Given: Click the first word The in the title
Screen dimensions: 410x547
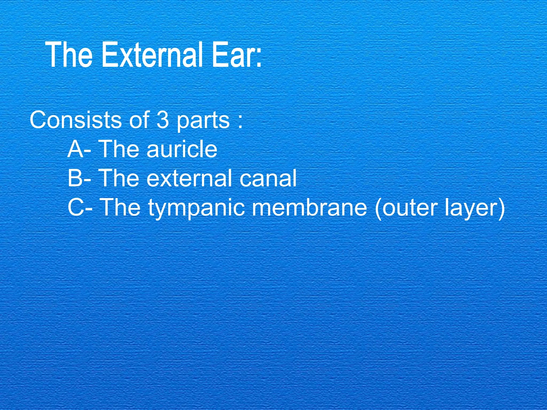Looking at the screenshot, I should pyautogui.click(x=69, y=55).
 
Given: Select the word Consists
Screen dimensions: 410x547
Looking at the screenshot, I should pyautogui.click(x=76, y=120).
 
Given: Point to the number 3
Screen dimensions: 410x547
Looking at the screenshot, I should pyautogui.click(x=162, y=120).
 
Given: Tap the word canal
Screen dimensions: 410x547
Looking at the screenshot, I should pyautogui.click(x=268, y=178).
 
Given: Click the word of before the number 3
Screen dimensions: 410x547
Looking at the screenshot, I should pyautogui.click(x=139, y=120).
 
